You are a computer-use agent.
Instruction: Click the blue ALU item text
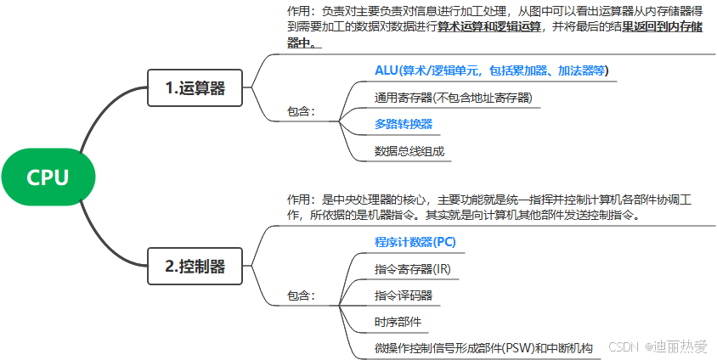[492, 70]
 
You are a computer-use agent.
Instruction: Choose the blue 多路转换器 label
[404, 124]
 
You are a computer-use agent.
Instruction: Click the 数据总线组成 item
[409, 151]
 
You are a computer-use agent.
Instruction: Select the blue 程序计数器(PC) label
[415, 242]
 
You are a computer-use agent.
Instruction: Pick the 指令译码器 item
[404, 295]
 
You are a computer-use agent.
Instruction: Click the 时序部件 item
[398, 323]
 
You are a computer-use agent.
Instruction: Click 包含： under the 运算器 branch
[302, 111]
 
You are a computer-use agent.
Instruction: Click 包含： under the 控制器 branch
[302, 295]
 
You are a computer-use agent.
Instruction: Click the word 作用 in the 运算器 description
[299, 12]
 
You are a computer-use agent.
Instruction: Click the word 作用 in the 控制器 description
[299, 200]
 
